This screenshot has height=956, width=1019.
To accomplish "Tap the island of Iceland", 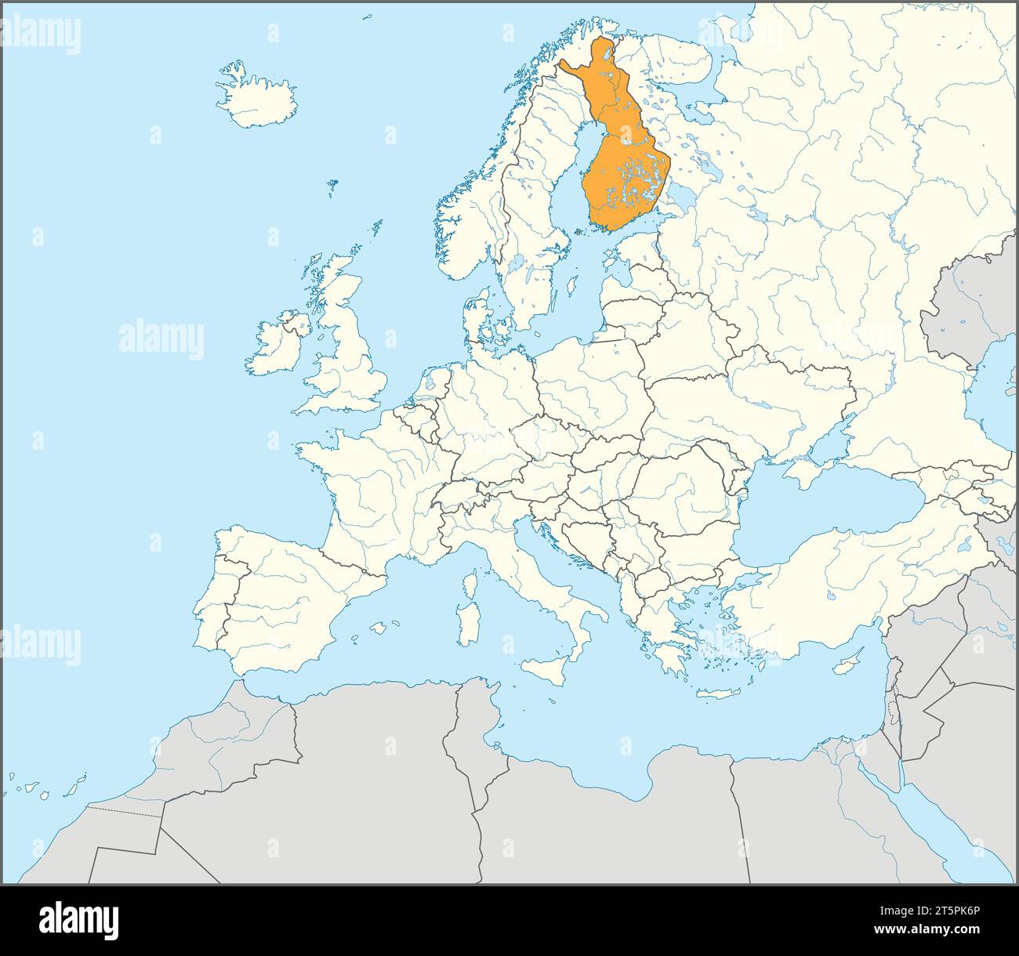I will [x=259, y=102].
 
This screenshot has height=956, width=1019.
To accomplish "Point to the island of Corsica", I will [x=471, y=584].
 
